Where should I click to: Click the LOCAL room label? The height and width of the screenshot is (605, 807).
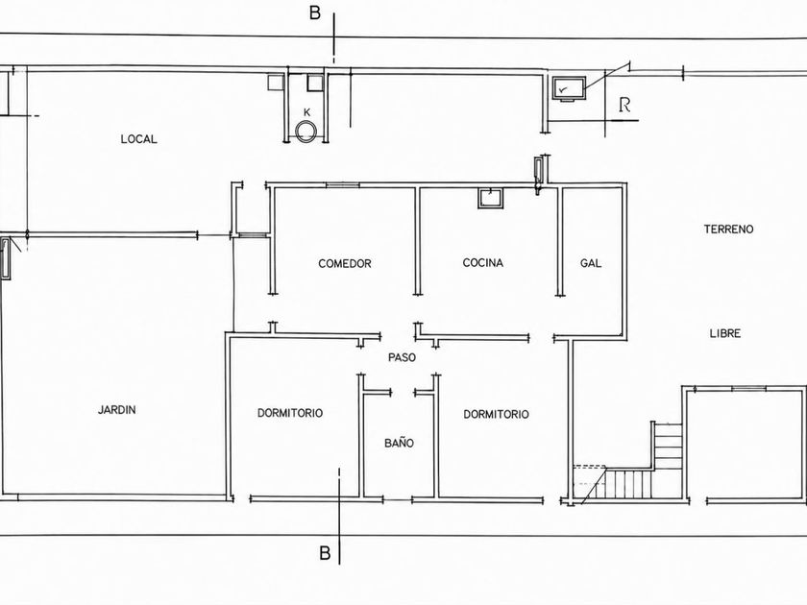click(x=138, y=139)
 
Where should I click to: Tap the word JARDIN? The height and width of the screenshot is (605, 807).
click(x=117, y=410)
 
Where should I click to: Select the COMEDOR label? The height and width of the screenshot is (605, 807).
click(x=344, y=264)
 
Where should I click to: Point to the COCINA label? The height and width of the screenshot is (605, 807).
click(x=482, y=263)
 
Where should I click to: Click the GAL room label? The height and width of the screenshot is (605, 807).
click(x=591, y=263)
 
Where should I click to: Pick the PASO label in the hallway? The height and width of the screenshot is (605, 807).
click(x=402, y=357)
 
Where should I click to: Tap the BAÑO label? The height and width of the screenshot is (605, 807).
click(x=399, y=443)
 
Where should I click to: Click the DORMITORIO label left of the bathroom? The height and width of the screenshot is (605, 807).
click(x=290, y=413)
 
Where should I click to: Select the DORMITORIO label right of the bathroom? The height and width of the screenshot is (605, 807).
click(x=496, y=414)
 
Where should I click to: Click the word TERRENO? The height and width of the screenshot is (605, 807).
click(x=728, y=230)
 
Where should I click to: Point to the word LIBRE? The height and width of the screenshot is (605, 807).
click(x=725, y=333)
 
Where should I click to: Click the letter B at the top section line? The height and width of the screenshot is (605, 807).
click(x=314, y=12)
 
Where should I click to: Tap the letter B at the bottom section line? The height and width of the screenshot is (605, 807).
click(x=325, y=553)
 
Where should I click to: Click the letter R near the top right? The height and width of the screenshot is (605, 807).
click(x=624, y=105)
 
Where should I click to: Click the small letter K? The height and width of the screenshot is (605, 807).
click(x=307, y=112)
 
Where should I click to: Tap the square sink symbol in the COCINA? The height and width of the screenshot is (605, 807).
click(x=491, y=198)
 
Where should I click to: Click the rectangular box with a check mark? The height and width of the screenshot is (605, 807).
click(x=569, y=88)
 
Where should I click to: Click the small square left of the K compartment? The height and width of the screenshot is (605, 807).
click(x=276, y=83)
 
